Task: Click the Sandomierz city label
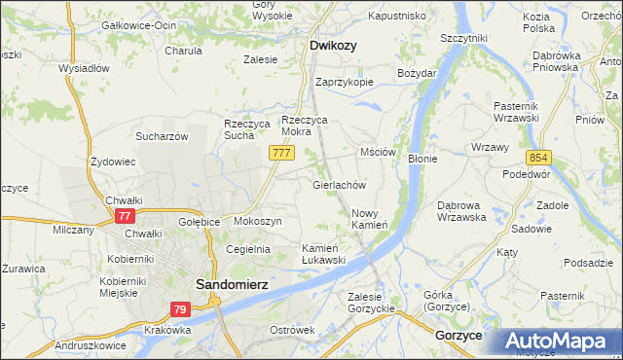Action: [x=232, y=283]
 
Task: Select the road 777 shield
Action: [x=281, y=154]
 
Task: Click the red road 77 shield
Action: [x=124, y=216]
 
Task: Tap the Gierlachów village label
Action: [x=338, y=184]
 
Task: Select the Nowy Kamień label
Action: [x=369, y=219]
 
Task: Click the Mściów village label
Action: [x=378, y=152]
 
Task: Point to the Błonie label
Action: [x=421, y=158]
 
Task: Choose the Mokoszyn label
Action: [x=257, y=221]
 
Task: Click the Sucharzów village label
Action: [x=161, y=136]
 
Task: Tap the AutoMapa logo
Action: [x=560, y=342]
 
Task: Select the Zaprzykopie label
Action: [x=344, y=82]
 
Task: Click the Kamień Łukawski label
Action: [x=323, y=253]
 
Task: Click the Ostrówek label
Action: [x=292, y=330]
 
